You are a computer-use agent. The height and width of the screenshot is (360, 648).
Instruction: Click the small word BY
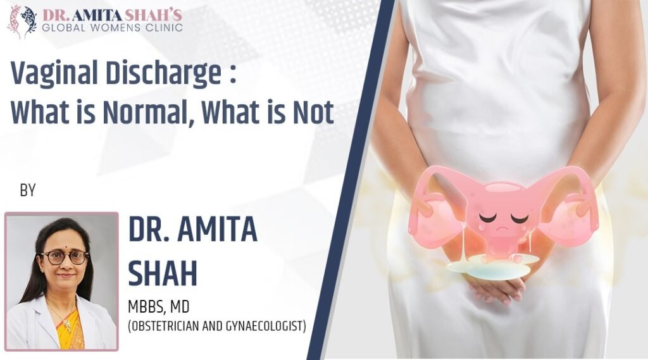(28, 190)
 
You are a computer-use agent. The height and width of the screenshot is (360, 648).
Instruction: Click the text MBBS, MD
(159, 308)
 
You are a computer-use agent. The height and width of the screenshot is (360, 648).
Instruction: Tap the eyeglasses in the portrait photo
(65, 258)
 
